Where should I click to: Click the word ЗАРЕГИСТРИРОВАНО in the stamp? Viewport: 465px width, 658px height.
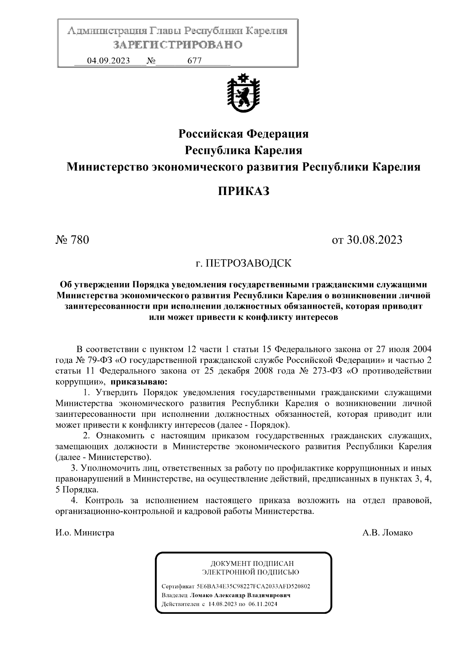pos(178,45)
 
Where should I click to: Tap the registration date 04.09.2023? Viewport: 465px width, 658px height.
pos(108,61)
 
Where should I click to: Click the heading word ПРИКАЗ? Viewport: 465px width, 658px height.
pos(243,192)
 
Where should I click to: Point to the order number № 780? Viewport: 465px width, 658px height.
pos(72,240)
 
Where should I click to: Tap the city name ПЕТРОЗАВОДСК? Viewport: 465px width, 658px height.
pos(248,264)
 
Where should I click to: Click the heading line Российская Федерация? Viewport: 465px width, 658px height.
pos(243,134)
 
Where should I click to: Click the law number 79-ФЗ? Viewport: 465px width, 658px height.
pos(93,359)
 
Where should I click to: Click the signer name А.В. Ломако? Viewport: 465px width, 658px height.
pos(387,533)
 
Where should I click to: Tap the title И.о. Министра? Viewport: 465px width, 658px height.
pos(85,533)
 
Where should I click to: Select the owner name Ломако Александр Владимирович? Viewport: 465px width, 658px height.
pos(240,595)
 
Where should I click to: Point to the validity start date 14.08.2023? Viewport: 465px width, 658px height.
pos(222,604)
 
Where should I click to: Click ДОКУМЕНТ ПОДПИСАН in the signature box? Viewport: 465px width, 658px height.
pos(252,563)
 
